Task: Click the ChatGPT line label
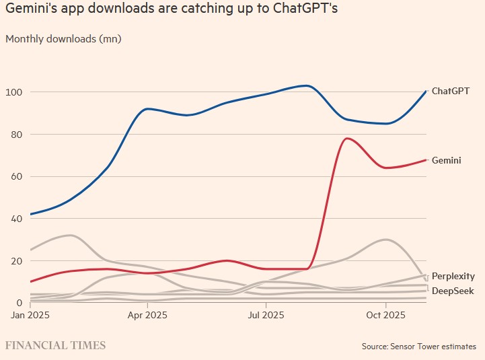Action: pos(450,91)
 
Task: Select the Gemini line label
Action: pos(446,161)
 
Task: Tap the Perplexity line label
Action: pos(453,276)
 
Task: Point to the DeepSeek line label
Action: pos(452,291)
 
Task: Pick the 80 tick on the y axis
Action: pos(15,134)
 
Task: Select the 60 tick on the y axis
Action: pos(15,176)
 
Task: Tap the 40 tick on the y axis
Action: pos(15,219)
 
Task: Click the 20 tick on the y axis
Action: pos(15,261)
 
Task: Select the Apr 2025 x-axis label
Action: pos(147,315)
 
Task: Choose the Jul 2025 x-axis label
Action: pos(265,315)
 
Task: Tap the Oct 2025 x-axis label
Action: pos(384,315)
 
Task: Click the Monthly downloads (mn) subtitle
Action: pos(63,38)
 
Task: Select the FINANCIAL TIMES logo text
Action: pos(55,345)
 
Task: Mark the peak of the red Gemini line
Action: pos(346,139)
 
